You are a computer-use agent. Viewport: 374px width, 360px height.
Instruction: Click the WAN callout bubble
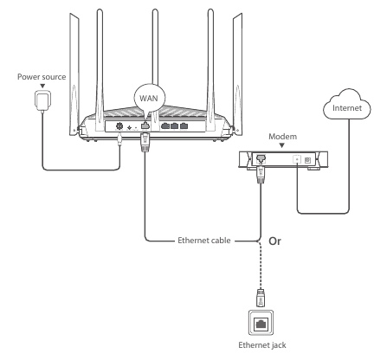tap(148, 98)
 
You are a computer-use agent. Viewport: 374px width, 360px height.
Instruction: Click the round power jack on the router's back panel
tap(119, 126)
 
